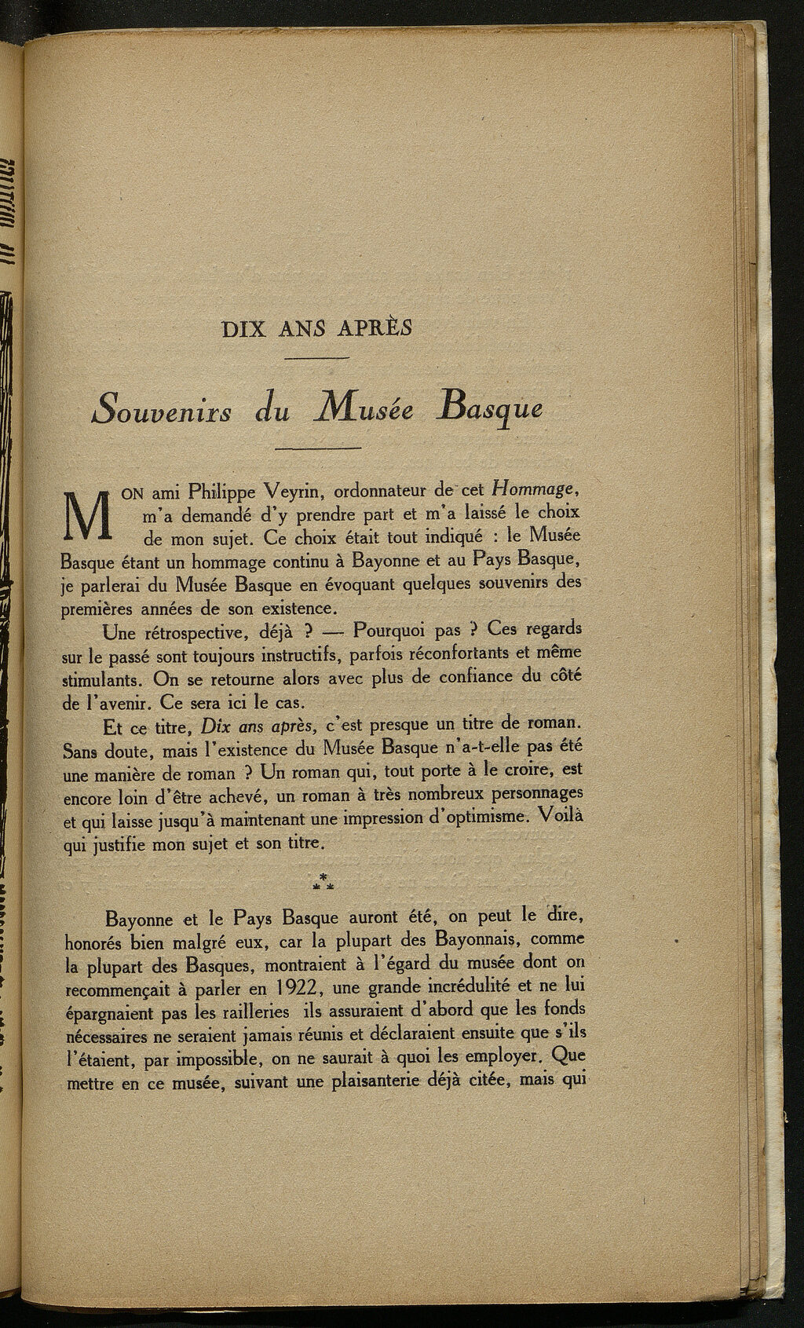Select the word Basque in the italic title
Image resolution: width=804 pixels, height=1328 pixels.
(481, 409)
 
